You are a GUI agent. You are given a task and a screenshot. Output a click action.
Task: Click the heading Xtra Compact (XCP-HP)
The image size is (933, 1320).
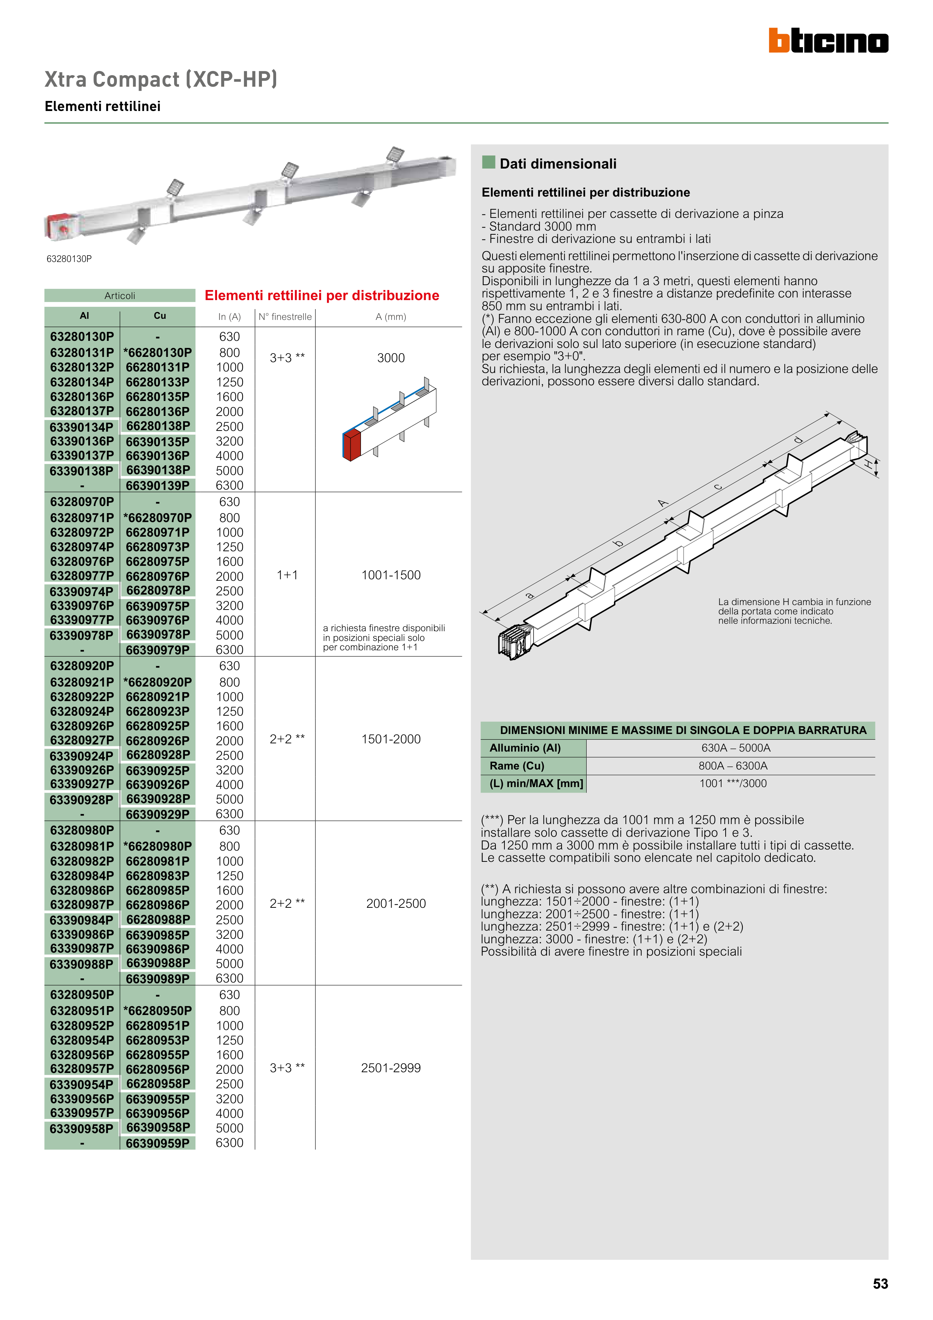point(161,79)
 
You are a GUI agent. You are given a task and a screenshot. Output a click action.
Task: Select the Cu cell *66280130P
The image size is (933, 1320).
point(158,352)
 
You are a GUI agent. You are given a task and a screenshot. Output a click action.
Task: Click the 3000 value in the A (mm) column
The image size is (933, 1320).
point(391,358)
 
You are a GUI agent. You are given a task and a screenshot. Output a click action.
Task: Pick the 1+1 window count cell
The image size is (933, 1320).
point(287,575)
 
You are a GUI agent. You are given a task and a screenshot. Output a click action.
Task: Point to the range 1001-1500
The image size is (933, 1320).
point(391,575)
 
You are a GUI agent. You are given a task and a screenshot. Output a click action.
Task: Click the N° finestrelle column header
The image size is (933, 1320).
point(285,317)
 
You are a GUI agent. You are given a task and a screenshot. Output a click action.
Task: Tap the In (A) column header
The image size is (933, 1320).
point(229,317)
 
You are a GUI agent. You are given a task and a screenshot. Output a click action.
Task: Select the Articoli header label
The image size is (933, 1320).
point(120,296)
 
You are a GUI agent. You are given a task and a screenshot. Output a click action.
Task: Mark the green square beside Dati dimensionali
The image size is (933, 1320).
point(489,163)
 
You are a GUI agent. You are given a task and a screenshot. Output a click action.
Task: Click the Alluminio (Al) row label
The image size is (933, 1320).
point(525,748)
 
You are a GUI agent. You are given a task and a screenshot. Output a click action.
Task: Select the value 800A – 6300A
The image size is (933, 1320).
point(733,766)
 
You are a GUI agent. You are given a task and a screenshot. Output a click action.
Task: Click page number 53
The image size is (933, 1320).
point(880,1284)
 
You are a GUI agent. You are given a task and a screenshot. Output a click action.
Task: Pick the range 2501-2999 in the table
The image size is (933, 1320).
point(391,1068)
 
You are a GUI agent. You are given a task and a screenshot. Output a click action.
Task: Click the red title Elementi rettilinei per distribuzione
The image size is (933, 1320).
point(322,296)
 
